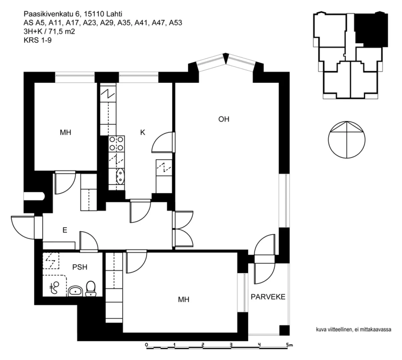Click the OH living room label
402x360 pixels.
coord(224,119)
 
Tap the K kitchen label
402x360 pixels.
coord(142,132)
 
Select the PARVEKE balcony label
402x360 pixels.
coord(268,297)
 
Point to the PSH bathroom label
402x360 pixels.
coord(80,267)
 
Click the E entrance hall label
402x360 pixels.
coord(65,230)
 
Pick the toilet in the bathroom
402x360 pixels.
coord(91,289)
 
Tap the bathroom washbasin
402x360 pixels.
coord(75,291)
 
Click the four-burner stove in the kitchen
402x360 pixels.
coord(117,144)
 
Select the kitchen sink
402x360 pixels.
coord(120,176)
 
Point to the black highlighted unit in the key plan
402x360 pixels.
coord(371,29)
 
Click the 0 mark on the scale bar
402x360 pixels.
coord(146,345)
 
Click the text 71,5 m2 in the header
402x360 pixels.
coord(62,32)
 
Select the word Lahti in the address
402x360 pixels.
coord(114,14)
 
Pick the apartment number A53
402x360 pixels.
coord(176,23)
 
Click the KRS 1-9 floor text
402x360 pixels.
coord(38,40)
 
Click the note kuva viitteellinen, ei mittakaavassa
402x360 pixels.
coord(353,329)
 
